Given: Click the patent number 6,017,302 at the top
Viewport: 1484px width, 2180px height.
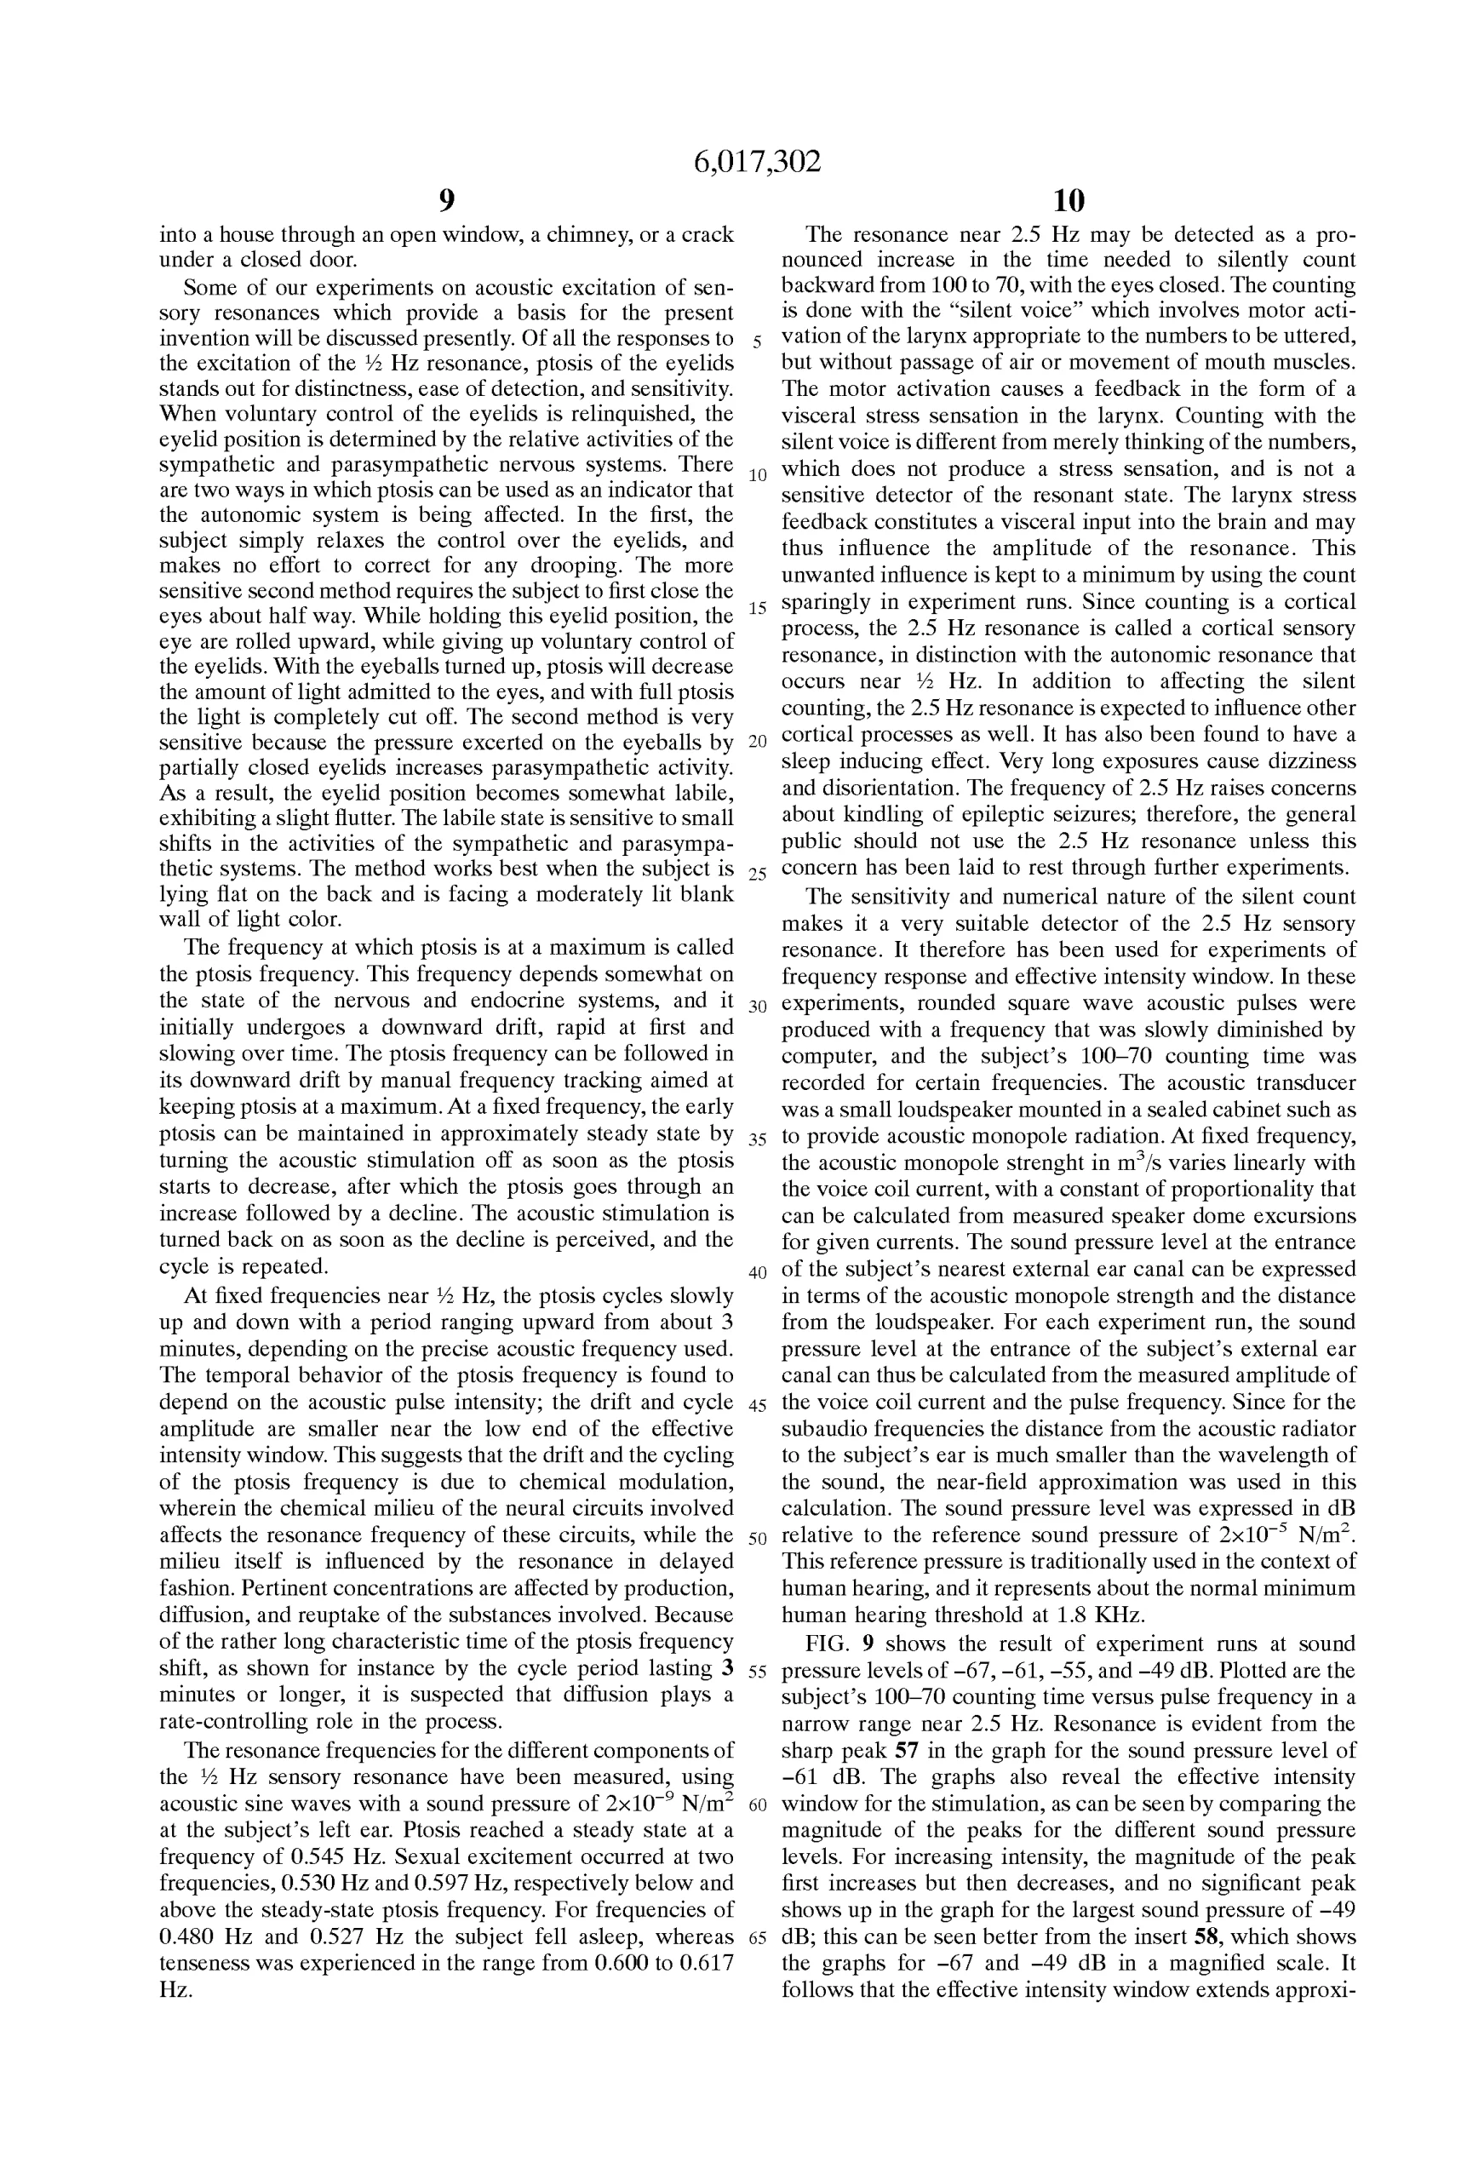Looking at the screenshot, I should pos(756,163).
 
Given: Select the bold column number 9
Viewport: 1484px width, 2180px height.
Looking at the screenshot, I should pos(446,200).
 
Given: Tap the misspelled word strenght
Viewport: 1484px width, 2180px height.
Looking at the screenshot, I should pos(1040,1163).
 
